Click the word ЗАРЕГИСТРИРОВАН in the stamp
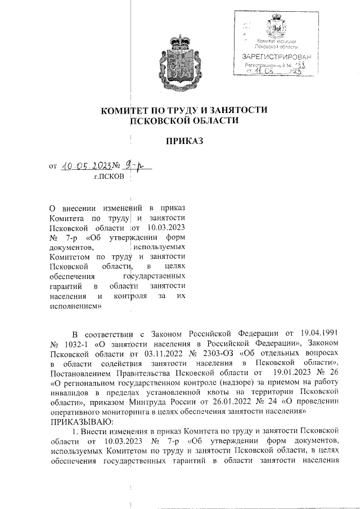pyautogui.click(x=275, y=57)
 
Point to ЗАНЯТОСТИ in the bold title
pyautogui.click(x=236, y=110)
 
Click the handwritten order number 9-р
pyautogui.click(x=135, y=165)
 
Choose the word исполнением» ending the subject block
pyautogui.click(x=76, y=307)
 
